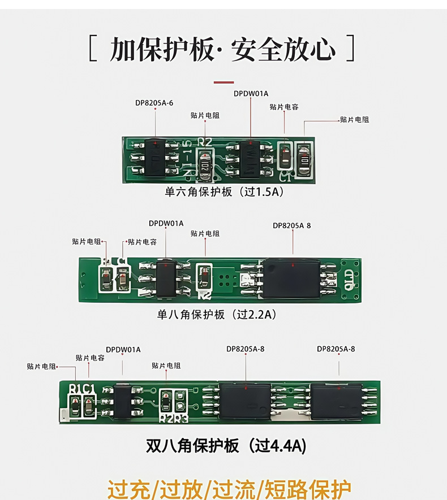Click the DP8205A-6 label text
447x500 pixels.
[154, 103]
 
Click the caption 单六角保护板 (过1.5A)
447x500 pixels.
[223, 192]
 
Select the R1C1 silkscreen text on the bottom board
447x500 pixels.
[83, 389]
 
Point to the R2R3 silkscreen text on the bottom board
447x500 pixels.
[173, 419]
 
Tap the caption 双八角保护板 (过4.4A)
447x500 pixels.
[226, 446]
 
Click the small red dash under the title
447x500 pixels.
[223, 82]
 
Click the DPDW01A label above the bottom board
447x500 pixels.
[123, 349]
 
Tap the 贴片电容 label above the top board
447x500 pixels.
[284, 107]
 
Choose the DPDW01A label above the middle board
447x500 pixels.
[166, 223]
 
